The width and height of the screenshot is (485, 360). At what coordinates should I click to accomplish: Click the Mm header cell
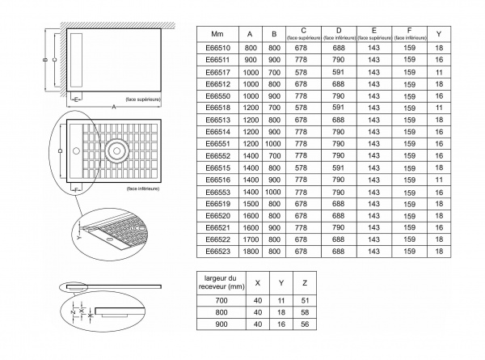point(217,34)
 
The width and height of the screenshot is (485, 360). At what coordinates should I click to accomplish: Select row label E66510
point(217,48)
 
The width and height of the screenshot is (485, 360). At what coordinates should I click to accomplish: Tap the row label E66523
point(217,251)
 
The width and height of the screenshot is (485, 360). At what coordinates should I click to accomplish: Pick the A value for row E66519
point(251,204)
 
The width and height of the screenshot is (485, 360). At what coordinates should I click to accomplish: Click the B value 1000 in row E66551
point(273,144)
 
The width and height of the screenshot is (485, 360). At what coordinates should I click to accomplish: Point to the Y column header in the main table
point(439,34)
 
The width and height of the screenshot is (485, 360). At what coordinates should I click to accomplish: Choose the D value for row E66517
point(339,72)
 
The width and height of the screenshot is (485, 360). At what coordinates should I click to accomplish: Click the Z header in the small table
point(305,283)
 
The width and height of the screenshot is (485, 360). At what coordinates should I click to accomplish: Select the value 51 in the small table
point(305,301)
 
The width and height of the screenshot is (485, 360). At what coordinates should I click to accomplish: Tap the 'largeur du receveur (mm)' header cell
point(221,282)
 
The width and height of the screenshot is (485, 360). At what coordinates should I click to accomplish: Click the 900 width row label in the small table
point(221,324)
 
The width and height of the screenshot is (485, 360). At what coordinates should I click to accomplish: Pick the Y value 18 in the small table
point(281,312)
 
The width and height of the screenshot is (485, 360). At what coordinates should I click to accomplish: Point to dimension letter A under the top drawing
point(114,107)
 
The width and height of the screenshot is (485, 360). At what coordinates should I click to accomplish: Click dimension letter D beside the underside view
point(61,150)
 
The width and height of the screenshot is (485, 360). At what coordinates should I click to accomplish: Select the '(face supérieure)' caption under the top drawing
point(143,100)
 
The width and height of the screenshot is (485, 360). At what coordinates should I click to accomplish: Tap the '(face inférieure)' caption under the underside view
point(143,188)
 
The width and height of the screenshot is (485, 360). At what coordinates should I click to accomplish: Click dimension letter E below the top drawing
point(76,99)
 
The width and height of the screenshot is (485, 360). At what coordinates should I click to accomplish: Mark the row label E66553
point(217,192)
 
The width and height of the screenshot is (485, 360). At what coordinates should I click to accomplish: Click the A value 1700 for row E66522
point(251,239)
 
